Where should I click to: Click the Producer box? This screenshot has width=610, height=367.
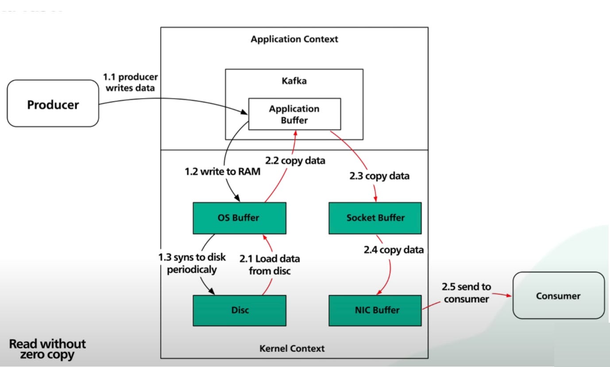point(53,105)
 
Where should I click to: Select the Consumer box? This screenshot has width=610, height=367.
point(558,296)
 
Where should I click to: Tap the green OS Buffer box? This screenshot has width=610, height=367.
point(239,218)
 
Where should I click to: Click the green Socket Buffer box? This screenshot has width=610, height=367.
point(375,218)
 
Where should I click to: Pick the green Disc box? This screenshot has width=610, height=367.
point(239,310)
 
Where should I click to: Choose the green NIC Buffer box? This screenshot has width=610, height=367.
point(375,310)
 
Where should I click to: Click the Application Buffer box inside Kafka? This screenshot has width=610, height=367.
point(294,114)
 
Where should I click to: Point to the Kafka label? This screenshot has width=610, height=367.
point(294,82)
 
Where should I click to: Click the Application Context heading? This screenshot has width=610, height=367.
point(294,39)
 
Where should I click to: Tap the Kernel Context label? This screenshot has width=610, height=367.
point(292,348)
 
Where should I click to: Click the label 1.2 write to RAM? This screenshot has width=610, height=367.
point(222,172)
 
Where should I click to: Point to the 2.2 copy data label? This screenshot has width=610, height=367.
point(295,160)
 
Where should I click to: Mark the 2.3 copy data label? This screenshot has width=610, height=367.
point(379,176)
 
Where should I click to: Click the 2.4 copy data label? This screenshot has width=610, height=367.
point(394,250)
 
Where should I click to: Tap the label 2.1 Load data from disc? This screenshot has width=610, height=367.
point(270,265)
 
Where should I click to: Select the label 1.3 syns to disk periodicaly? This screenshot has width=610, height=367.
point(192,263)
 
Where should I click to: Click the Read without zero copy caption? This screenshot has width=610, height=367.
point(47,349)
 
